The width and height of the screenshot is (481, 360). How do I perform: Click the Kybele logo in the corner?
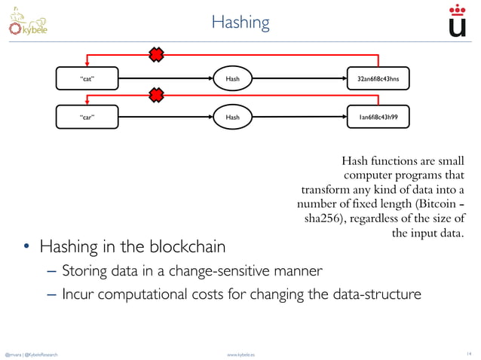(28, 22)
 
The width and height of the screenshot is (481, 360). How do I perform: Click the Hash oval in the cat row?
(232, 77)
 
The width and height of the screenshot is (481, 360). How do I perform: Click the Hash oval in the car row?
(232, 117)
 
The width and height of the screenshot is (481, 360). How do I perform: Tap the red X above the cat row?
(156, 54)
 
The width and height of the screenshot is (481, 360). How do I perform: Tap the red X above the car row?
(156, 95)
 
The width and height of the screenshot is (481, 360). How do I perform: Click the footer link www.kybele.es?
(240, 353)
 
